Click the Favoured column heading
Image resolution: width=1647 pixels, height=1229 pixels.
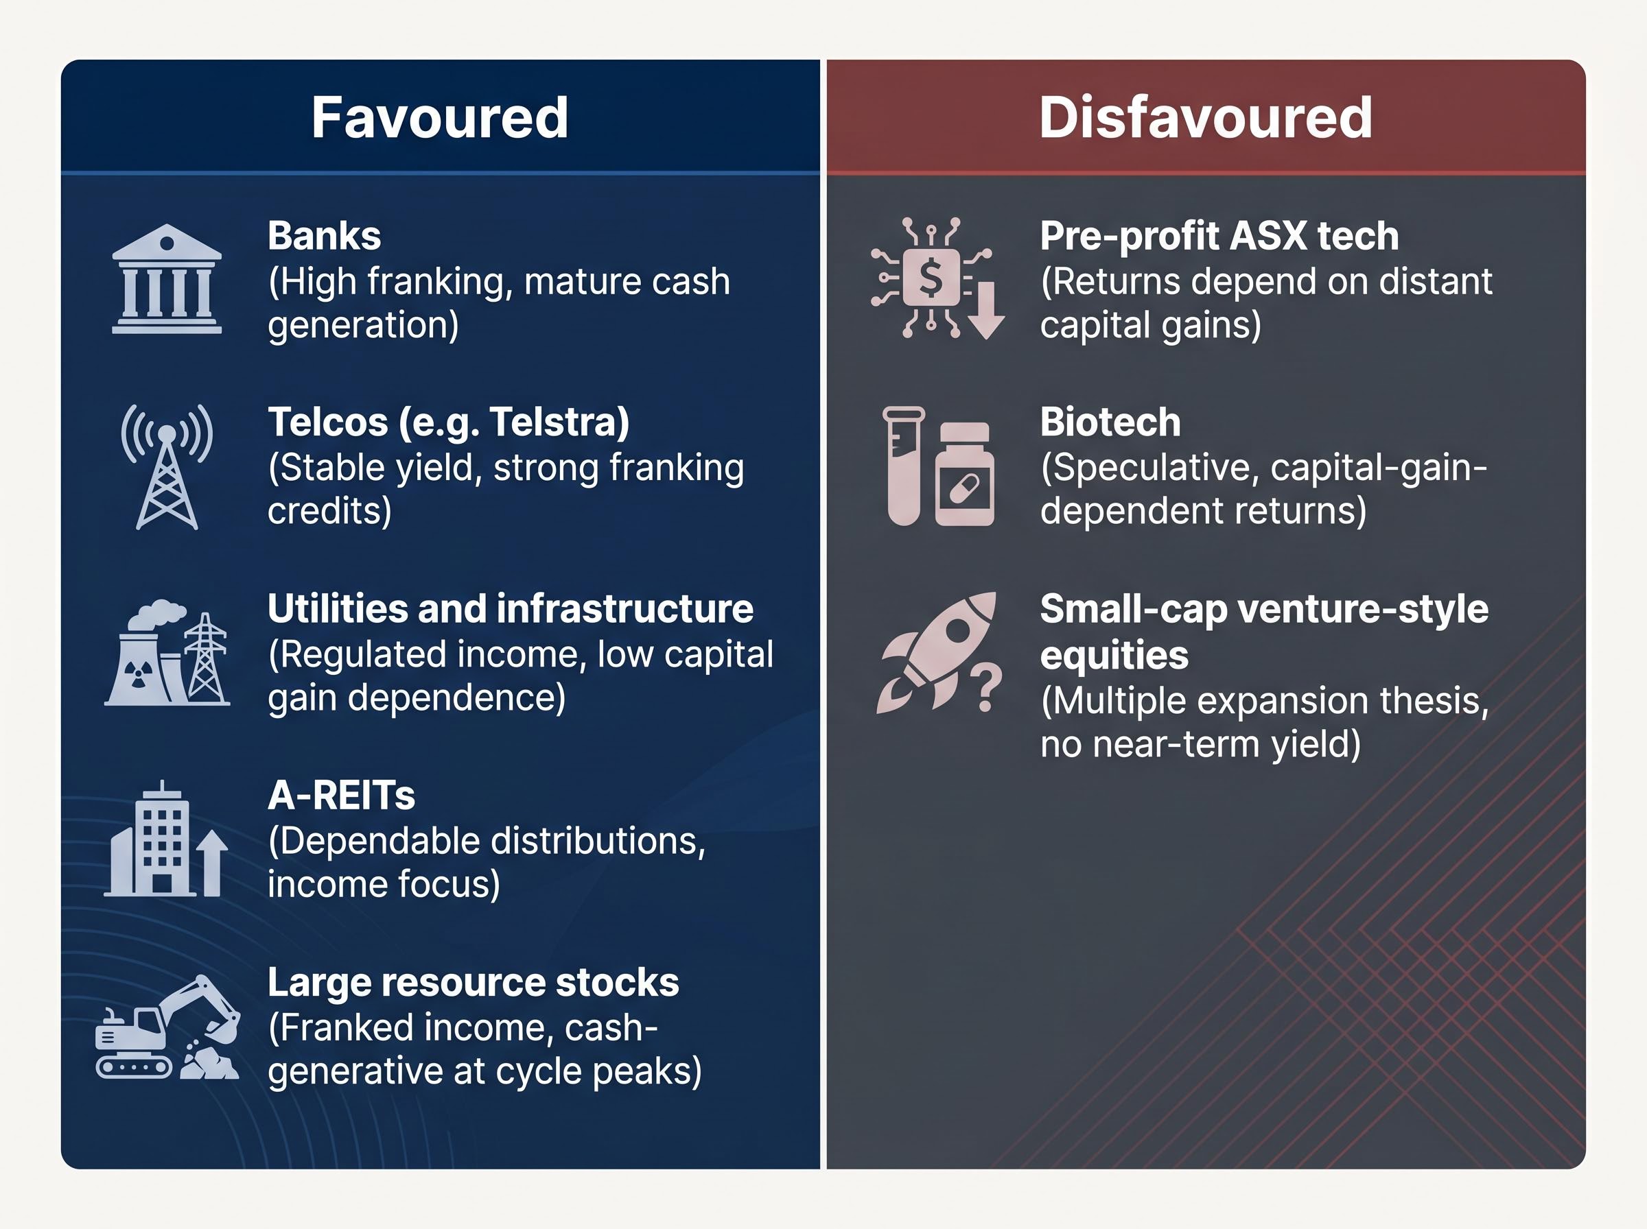pos(440,117)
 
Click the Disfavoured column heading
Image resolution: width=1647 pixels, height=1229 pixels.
pos(1206,117)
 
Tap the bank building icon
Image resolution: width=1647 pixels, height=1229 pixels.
pos(167,279)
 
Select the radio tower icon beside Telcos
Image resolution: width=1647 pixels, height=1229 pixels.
pos(167,466)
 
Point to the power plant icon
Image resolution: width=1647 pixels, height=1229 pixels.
pos(167,652)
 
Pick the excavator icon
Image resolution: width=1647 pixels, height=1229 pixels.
pos(167,1027)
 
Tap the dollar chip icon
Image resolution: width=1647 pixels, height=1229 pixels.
pos(931,278)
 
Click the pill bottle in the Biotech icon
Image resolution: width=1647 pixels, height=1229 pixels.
pos(965,474)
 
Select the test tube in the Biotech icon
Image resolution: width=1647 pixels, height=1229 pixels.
pos(904,466)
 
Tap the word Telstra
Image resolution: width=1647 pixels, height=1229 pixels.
pos(557,422)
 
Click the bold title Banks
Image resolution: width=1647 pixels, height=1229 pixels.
pos(325,236)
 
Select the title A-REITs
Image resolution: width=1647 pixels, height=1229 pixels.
pos(342,796)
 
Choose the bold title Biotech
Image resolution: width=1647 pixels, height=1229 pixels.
pos(1110,422)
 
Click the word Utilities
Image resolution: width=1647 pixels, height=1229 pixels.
pos(338,608)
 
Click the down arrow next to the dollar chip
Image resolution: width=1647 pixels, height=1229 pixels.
pos(987,310)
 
